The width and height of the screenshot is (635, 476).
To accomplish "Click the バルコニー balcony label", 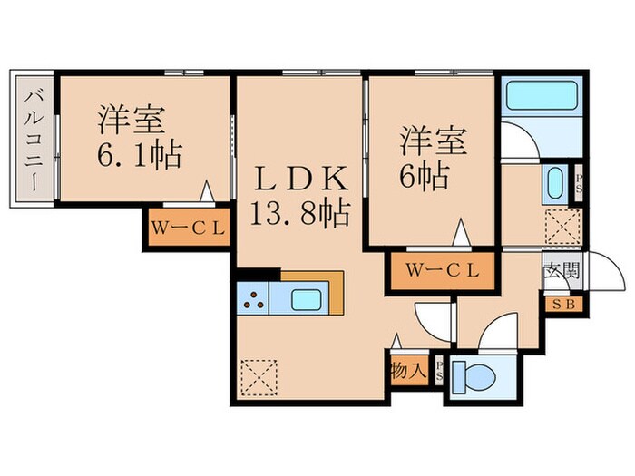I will coord(34,137).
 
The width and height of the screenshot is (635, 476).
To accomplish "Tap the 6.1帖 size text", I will coord(140,153).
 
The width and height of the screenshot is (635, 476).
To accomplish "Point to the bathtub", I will coord(541,97).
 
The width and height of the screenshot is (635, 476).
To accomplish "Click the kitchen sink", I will coord(306,297).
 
